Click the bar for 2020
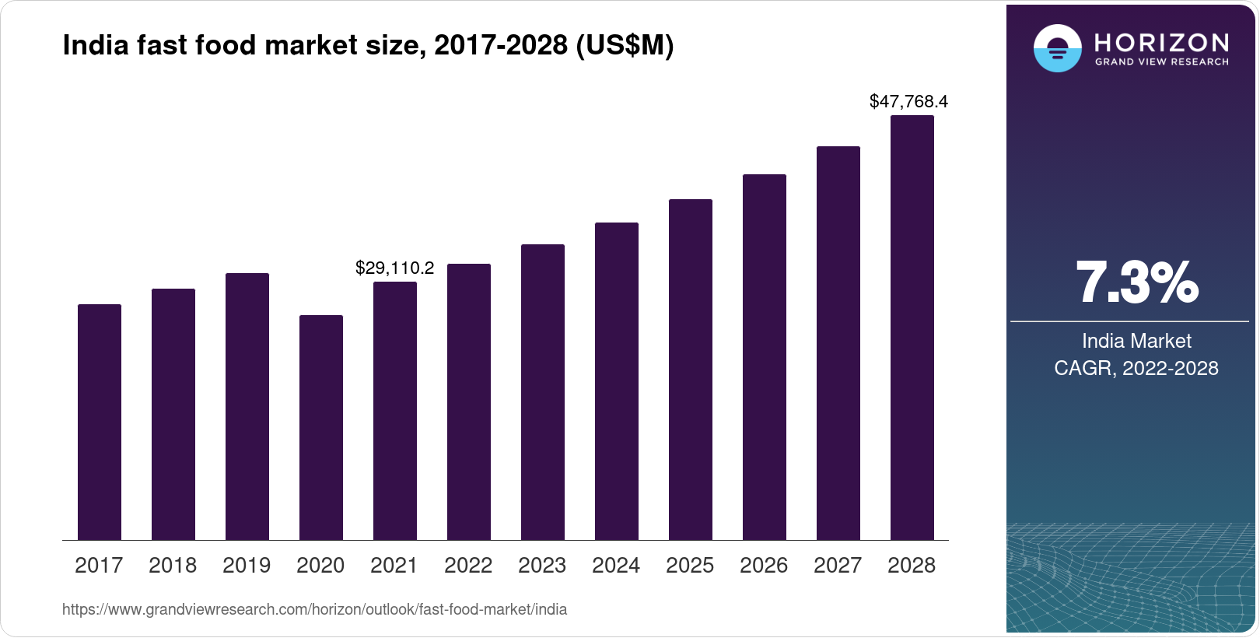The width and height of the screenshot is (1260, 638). click(x=320, y=427)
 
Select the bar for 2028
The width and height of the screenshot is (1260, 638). click(x=912, y=328)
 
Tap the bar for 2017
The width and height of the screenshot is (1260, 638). click(x=100, y=422)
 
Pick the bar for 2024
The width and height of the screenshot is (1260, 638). click(x=616, y=381)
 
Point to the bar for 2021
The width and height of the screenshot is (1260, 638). click(x=395, y=411)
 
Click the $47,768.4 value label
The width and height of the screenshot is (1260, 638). click(x=908, y=101)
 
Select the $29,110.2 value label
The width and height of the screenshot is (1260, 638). click(x=394, y=268)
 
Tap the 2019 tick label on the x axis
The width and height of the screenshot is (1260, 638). click(x=247, y=566)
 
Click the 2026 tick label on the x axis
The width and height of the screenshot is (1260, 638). click(x=764, y=566)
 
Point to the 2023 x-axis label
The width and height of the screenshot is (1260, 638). click(x=542, y=566)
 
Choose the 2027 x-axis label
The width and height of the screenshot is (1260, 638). click(x=838, y=566)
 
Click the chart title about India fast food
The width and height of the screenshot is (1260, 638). click(x=368, y=45)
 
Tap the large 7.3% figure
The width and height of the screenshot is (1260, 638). click(x=1136, y=283)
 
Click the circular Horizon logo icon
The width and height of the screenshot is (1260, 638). click(x=1057, y=49)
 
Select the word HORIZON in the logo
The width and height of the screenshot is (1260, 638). click(x=1161, y=42)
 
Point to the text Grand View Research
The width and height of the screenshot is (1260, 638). click(x=1161, y=61)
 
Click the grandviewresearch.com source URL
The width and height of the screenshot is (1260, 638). click(x=314, y=609)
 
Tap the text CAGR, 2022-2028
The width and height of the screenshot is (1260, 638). click(x=1136, y=368)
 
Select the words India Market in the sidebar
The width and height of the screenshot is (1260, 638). click(x=1136, y=341)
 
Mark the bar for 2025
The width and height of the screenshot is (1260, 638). click(x=690, y=370)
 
